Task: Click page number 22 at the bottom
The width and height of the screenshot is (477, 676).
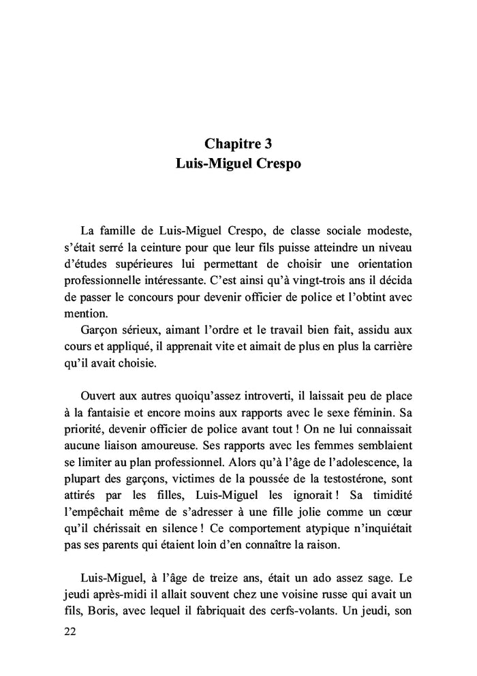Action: [69, 631]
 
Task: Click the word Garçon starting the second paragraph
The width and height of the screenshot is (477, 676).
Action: [100, 330]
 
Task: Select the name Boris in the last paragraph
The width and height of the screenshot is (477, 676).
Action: [100, 611]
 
